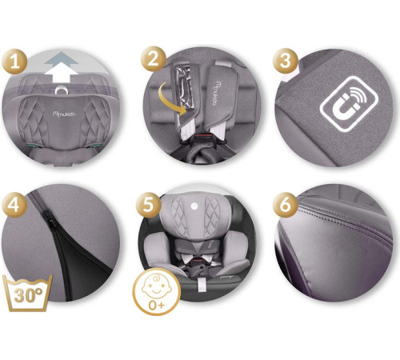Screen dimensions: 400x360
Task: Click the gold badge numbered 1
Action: click(x=14, y=62)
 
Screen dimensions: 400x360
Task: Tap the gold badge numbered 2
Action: click(x=154, y=59)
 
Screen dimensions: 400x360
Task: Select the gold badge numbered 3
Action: click(x=286, y=61)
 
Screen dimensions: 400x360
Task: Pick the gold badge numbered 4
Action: click(x=14, y=205)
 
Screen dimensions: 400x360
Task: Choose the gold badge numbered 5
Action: click(x=149, y=205)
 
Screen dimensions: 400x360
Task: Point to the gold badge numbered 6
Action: click(x=286, y=205)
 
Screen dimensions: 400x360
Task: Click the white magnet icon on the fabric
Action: click(x=349, y=104)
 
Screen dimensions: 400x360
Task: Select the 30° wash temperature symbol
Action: click(x=27, y=293)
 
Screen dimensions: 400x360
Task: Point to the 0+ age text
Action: click(x=157, y=305)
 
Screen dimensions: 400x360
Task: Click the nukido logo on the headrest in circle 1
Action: click(x=64, y=114)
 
